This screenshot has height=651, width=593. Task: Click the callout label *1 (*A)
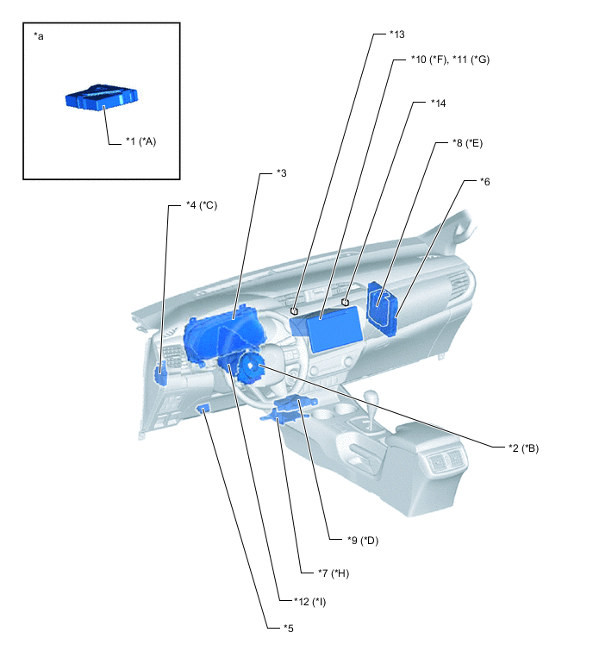click(x=137, y=141)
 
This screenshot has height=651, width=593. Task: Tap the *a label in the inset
click(x=38, y=37)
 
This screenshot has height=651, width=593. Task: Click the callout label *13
click(x=397, y=34)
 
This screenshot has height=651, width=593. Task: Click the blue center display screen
click(x=332, y=331)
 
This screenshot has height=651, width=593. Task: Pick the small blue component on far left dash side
click(x=161, y=373)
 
